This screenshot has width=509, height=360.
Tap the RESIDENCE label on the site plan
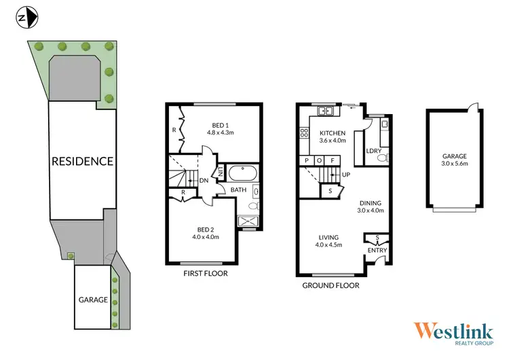pos(83,161)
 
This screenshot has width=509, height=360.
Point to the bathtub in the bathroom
pos(240,173)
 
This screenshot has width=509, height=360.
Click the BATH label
pos(238,190)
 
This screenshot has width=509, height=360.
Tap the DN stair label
pos(204,180)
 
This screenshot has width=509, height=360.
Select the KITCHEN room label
pos(333,132)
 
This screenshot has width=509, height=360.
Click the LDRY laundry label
pos(373,151)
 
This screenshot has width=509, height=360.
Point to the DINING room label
pos(370,202)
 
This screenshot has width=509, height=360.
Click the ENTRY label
pos(377,251)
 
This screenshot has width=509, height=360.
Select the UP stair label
pos(346,175)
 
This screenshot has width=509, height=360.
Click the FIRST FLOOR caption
pos(206,274)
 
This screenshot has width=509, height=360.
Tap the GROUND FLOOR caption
pos(331,285)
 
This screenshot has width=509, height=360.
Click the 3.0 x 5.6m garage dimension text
pos(455,164)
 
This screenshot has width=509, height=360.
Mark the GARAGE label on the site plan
pos(93,300)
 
